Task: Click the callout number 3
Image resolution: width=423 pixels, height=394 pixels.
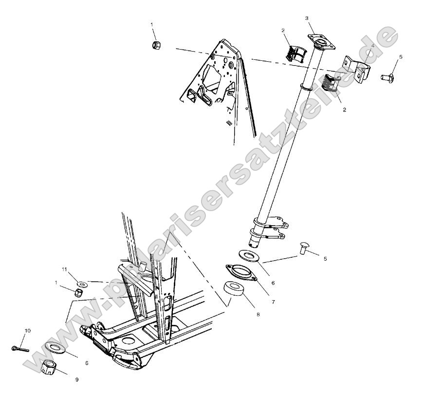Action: pyautogui.click(x=307, y=18)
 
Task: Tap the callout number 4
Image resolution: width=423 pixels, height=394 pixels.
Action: pyautogui.click(x=372, y=46)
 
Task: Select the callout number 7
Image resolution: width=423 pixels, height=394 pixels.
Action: pyautogui.click(x=274, y=302)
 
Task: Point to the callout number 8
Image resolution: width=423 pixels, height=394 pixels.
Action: pyautogui.click(x=258, y=315)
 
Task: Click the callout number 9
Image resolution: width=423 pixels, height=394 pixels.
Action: pyautogui.click(x=76, y=379)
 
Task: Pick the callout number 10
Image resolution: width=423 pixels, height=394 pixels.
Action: pyautogui.click(x=28, y=331)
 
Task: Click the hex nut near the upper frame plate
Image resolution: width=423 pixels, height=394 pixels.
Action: pyautogui.click(x=157, y=45)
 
